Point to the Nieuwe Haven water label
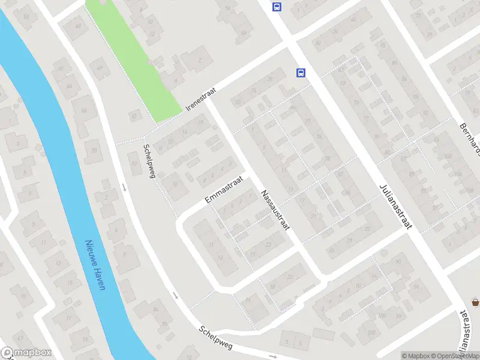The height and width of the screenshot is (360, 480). pyautogui.click(x=95, y=265)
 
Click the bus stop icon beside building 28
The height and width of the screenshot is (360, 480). pyautogui.click(x=301, y=73)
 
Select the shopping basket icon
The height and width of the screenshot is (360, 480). pyautogui.click(x=475, y=303)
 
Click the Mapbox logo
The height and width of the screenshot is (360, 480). pyautogui.click(x=26, y=353)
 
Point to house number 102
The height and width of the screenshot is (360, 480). pyautogui.click(x=371, y=332)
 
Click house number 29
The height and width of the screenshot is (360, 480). pyautogui.click(x=349, y=240)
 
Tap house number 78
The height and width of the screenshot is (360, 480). pyautogui.click(x=327, y=159)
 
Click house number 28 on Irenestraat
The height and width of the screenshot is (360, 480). pyautogui.click(x=270, y=79)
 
